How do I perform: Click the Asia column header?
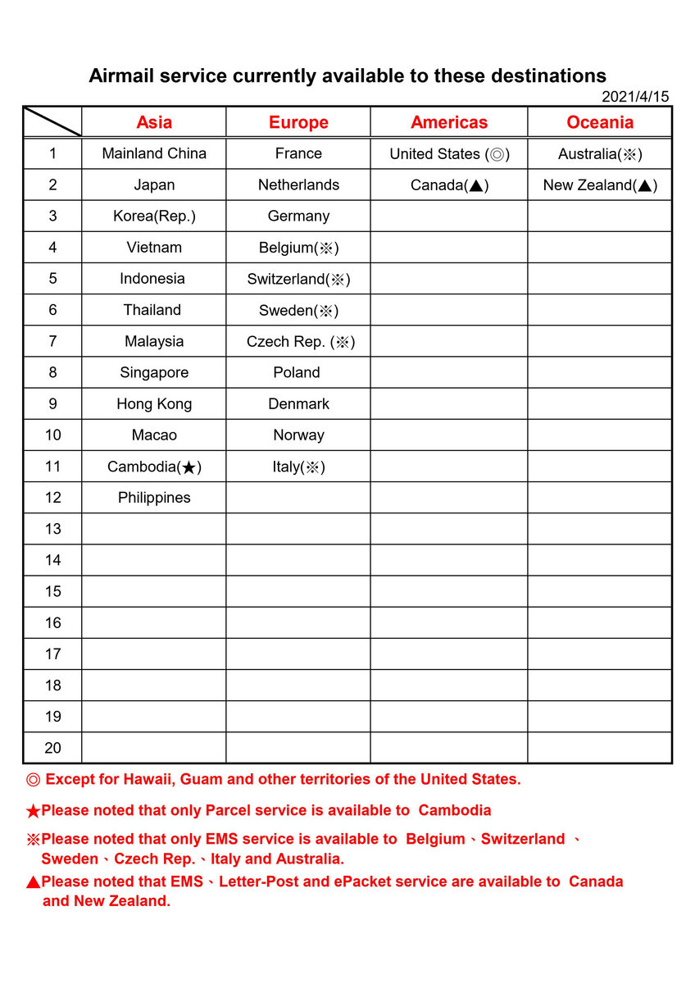[x=154, y=122]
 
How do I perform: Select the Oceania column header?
[x=600, y=122]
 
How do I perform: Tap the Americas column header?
[x=449, y=122]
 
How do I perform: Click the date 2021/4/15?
[x=635, y=97]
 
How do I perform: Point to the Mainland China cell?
[x=154, y=153]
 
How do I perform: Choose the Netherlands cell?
[x=298, y=184]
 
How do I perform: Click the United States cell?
[x=449, y=154]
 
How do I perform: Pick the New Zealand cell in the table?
[x=600, y=185]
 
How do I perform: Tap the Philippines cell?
[x=154, y=498]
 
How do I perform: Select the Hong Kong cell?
[x=154, y=403]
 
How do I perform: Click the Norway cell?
[x=298, y=435]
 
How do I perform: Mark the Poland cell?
[x=297, y=372]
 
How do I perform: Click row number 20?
[x=53, y=748]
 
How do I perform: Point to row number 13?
[x=53, y=529]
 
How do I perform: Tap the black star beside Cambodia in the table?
[x=189, y=467]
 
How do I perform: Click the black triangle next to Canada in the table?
[x=475, y=186]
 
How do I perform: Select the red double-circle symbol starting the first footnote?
[x=33, y=779]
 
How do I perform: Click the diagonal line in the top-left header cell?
[x=52, y=121]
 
